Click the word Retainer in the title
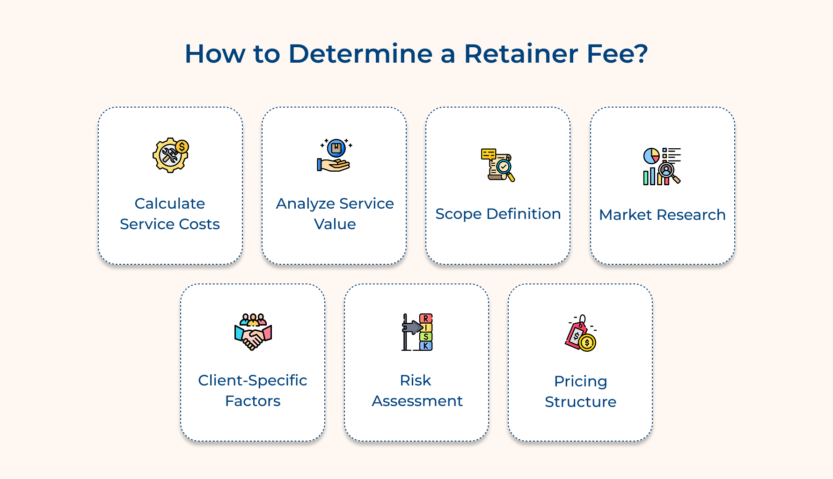pyautogui.click(x=521, y=54)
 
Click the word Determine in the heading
pyautogui.click(x=360, y=54)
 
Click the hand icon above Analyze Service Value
pyautogui.click(x=334, y=156)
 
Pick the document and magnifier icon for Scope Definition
pyautogui.click(x=498, y=165)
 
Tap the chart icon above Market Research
pyautogui.click(x=662, y=166)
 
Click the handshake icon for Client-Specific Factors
pyautogui.click(x=253, y=332)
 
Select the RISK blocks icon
pyautogui.click(x=417, y=332)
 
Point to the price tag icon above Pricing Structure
pyautogui.click(x=580, y=333)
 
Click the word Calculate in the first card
pyautogui.click(x=170, y=203)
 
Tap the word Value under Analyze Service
pyautogui.click(x=335, y=224)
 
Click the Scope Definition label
pyautogui.click(x=498, y=214)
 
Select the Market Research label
pyautogui.click(x=662, y=215)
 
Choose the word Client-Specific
pyautogui.click(x=253, y=380)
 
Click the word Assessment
pyautogui.click(x=417, y=401)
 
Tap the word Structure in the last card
pyautogui.click(x=580, y=402)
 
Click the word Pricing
pyautogui.click(x=580, y=381)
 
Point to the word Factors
pyautogui.click(x=253, y=401)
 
